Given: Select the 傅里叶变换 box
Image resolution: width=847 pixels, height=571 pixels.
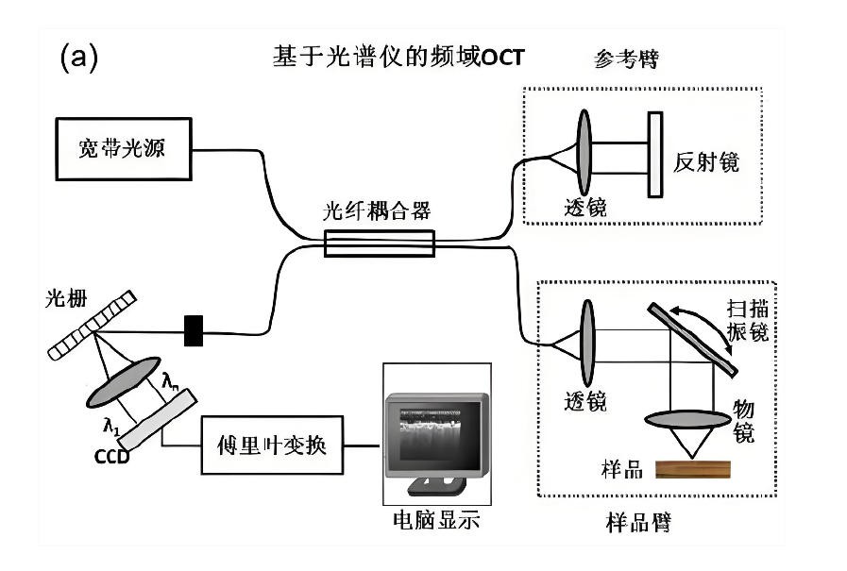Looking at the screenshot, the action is point(273,444).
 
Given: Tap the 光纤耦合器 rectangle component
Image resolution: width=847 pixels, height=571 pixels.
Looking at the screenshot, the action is point(379,244).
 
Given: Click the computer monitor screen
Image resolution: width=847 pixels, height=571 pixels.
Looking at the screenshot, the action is point(435,429).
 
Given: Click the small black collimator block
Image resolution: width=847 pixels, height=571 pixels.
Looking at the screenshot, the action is point(194,330).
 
